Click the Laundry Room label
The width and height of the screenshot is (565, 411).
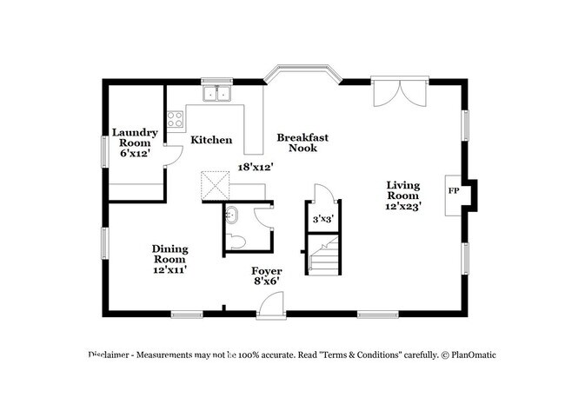coord(135,143)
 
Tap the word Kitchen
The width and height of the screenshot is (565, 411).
coord(211,140)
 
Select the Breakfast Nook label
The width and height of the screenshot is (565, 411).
coord(302,143)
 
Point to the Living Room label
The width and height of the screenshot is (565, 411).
coord(402,196)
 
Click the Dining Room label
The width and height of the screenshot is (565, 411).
coord(169,259)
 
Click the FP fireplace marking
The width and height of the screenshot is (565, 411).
coord(454,190)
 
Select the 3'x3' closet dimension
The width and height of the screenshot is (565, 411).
coord(322,219)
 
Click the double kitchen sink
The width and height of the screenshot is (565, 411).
coord(217,94)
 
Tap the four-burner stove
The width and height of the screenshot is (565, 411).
coord(175,119)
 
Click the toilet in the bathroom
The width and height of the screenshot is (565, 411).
coord(236,242)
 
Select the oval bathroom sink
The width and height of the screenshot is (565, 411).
coord(231,215)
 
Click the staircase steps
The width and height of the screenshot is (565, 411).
coord(324,255)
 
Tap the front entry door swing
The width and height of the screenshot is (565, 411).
coord(271,305)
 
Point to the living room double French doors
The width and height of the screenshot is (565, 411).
coord(400,93)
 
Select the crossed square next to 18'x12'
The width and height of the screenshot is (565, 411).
coord(215,185)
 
